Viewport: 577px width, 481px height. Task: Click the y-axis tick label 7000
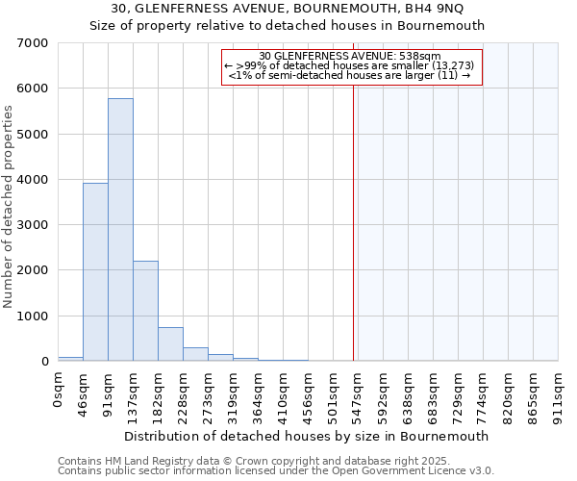tap(34, 43)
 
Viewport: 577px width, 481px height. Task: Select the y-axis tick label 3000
tap(34, 225)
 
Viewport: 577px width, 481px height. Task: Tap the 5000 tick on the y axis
tap(34, 135)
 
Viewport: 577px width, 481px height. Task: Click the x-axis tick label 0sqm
tap(59, 391)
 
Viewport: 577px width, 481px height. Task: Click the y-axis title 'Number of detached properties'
tap(10, 207)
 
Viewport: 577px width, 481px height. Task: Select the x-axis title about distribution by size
tap(308, 436)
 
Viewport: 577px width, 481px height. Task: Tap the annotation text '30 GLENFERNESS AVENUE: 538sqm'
tap(350, 57)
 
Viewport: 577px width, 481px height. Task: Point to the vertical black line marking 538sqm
tap(354, 221)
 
